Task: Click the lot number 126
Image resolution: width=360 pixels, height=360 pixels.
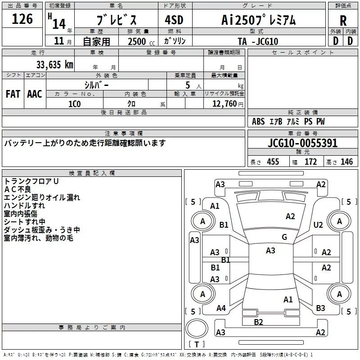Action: [22, 19]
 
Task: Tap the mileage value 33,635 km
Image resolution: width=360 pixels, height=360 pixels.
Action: [54, 64]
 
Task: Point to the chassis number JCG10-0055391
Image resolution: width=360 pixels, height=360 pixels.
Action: [302, 144]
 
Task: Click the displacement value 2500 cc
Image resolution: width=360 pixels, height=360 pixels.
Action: [139, 41]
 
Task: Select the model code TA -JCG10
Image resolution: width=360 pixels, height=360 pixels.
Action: [258, 41]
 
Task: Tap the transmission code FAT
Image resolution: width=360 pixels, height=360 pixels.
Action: [13, 94]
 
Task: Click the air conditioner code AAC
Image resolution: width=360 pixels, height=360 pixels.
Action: [35, 94]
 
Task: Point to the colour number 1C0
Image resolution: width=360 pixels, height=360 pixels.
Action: [75, 103]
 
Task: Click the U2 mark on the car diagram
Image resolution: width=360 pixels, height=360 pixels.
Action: [318, 225]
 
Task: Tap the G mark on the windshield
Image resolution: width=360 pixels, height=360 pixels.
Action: [284, 237]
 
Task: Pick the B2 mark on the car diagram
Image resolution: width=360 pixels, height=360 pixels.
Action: [258, 322]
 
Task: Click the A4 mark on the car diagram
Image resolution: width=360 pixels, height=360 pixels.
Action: [221, 308]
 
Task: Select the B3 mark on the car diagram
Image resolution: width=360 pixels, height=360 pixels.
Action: [320, 308]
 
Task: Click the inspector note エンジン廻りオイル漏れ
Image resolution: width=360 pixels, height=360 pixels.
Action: [42, 197]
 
